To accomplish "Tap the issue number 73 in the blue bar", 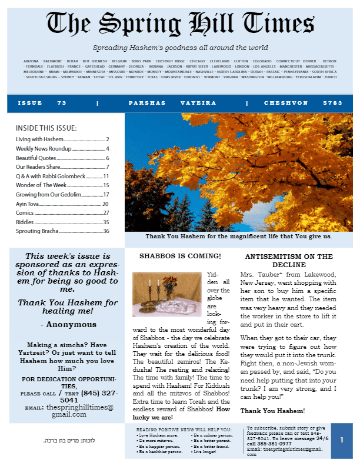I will click(x=61, y=103).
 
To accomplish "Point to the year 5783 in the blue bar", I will click(x=332, y=103).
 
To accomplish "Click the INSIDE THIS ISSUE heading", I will click(x=46, y=128).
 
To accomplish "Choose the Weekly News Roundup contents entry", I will click(x=44, y=148).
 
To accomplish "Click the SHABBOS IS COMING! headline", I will click(x=180, y=256).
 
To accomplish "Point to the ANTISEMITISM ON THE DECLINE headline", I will click(x=289, y=261).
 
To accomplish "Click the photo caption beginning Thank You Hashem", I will click(x=238, y=237).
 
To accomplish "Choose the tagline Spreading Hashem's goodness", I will click(x=180, y=48).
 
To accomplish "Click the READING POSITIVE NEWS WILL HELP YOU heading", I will click(x=184, y=430).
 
